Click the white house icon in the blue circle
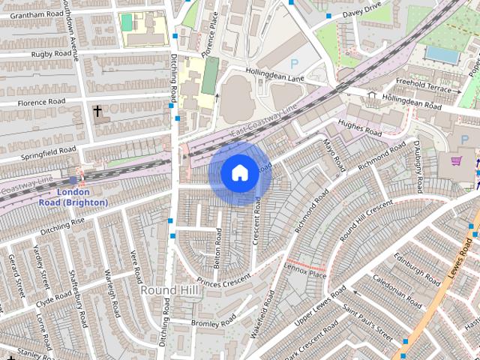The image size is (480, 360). click(238, 173)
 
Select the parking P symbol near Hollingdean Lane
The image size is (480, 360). click(294, 64)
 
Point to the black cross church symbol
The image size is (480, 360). click(97, 111)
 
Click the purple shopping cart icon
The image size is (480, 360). click(455, 160)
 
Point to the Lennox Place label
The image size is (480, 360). click(306, 267)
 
